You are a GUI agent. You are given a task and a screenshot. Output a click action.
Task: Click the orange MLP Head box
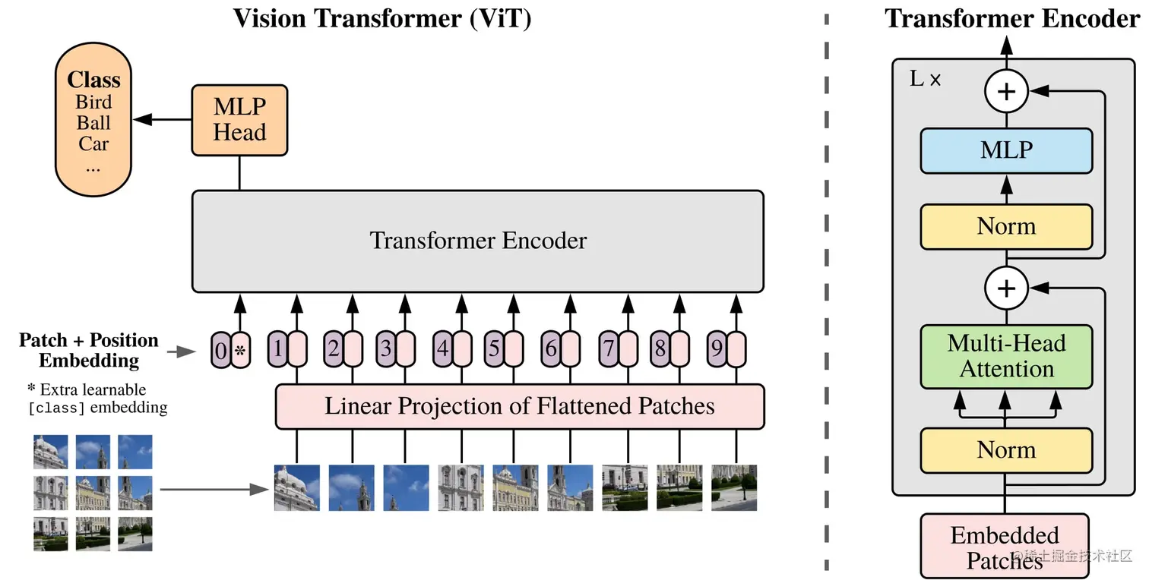coord(239,120)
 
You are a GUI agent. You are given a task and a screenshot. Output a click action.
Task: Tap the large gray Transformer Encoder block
coord(477,241)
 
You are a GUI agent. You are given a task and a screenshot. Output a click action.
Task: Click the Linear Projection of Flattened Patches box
coord(520,406)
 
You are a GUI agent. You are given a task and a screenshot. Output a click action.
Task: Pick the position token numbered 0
coord(220,350)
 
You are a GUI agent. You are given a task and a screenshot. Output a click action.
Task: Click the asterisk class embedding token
coord(240,350)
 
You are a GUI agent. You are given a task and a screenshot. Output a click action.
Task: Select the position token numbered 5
coord(494,350)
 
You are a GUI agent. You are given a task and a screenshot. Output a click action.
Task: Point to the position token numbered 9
coord(717,350)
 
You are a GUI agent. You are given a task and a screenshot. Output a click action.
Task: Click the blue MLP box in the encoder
coord(1006,150)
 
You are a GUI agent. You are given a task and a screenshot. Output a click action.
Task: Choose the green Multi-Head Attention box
coord(1006,357)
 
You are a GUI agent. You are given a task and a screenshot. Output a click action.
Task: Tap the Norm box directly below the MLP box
coord(1006,226)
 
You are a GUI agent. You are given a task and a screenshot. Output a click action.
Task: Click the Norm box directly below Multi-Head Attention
coord(1006,450)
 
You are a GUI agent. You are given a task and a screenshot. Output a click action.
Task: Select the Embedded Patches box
coord(1004,547)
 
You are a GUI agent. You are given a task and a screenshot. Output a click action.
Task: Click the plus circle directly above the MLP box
coord(1006,92)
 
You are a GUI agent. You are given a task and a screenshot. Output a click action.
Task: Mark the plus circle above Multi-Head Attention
coord(1006,288)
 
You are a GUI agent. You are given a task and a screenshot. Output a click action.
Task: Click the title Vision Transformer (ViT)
coord(381,18)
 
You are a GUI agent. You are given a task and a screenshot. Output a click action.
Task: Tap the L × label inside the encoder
coord(925,79)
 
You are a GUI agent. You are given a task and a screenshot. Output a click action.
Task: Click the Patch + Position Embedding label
coord(89,350)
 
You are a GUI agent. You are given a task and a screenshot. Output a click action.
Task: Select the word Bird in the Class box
coord(93,102)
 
